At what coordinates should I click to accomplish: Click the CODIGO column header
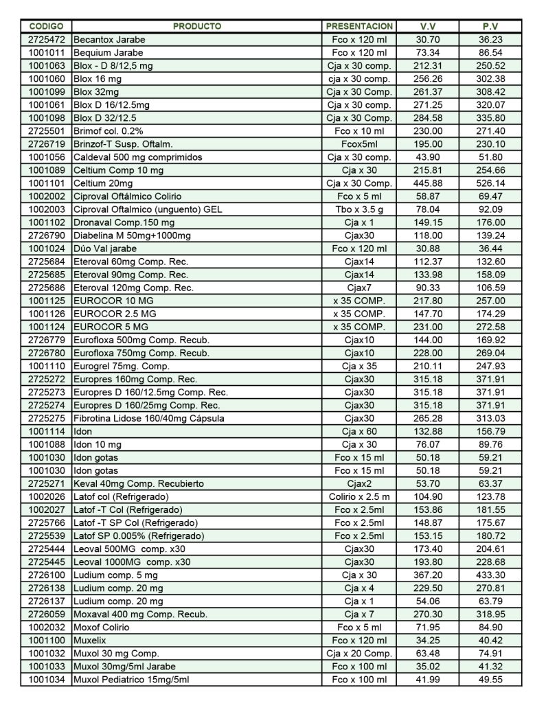(x=45, y=26)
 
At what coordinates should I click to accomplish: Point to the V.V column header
(x=428, y=26)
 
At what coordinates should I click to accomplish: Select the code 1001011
(x=46, y=53)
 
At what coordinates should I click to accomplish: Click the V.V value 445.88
(x=428, y=183)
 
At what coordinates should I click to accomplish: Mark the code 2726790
(x=46, y=235)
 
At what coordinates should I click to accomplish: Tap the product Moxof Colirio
(x=101, y=627)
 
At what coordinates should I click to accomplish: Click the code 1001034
(x=46, y=680)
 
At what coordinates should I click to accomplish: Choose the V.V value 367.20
(x=428, y=575)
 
